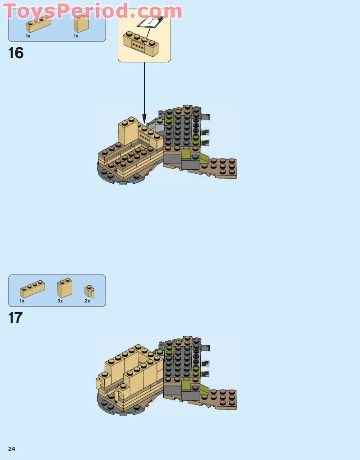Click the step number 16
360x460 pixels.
point(16,53)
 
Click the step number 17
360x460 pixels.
point(15,318)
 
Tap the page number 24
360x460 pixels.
point(12,449)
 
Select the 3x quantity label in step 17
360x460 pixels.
point(60,301)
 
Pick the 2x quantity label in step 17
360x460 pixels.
point(87,301)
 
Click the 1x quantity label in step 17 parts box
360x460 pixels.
point(22,301)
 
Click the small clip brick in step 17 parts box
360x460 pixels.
point(89,291)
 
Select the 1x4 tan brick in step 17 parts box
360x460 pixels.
point(32,289)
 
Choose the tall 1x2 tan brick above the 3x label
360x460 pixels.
point(65,288)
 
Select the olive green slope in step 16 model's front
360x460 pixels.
point(185,155)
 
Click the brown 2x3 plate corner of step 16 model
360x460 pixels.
point(222,168)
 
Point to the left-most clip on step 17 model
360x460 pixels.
point(98,384)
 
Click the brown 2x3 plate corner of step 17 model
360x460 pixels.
point(222,399)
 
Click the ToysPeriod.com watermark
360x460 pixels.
point(92,11)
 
